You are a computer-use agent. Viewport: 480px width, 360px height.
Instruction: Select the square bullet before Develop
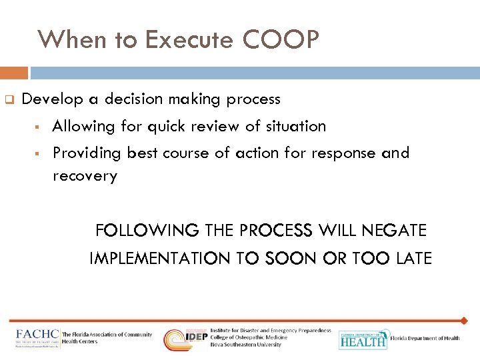point(9,100)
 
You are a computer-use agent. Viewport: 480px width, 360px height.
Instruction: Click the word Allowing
point(81,126)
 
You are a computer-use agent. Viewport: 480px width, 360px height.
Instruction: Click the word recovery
point(85,176)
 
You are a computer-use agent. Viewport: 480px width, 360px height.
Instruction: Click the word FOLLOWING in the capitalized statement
point(147,231)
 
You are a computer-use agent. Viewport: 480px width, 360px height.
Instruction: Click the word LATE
point(414,258)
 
